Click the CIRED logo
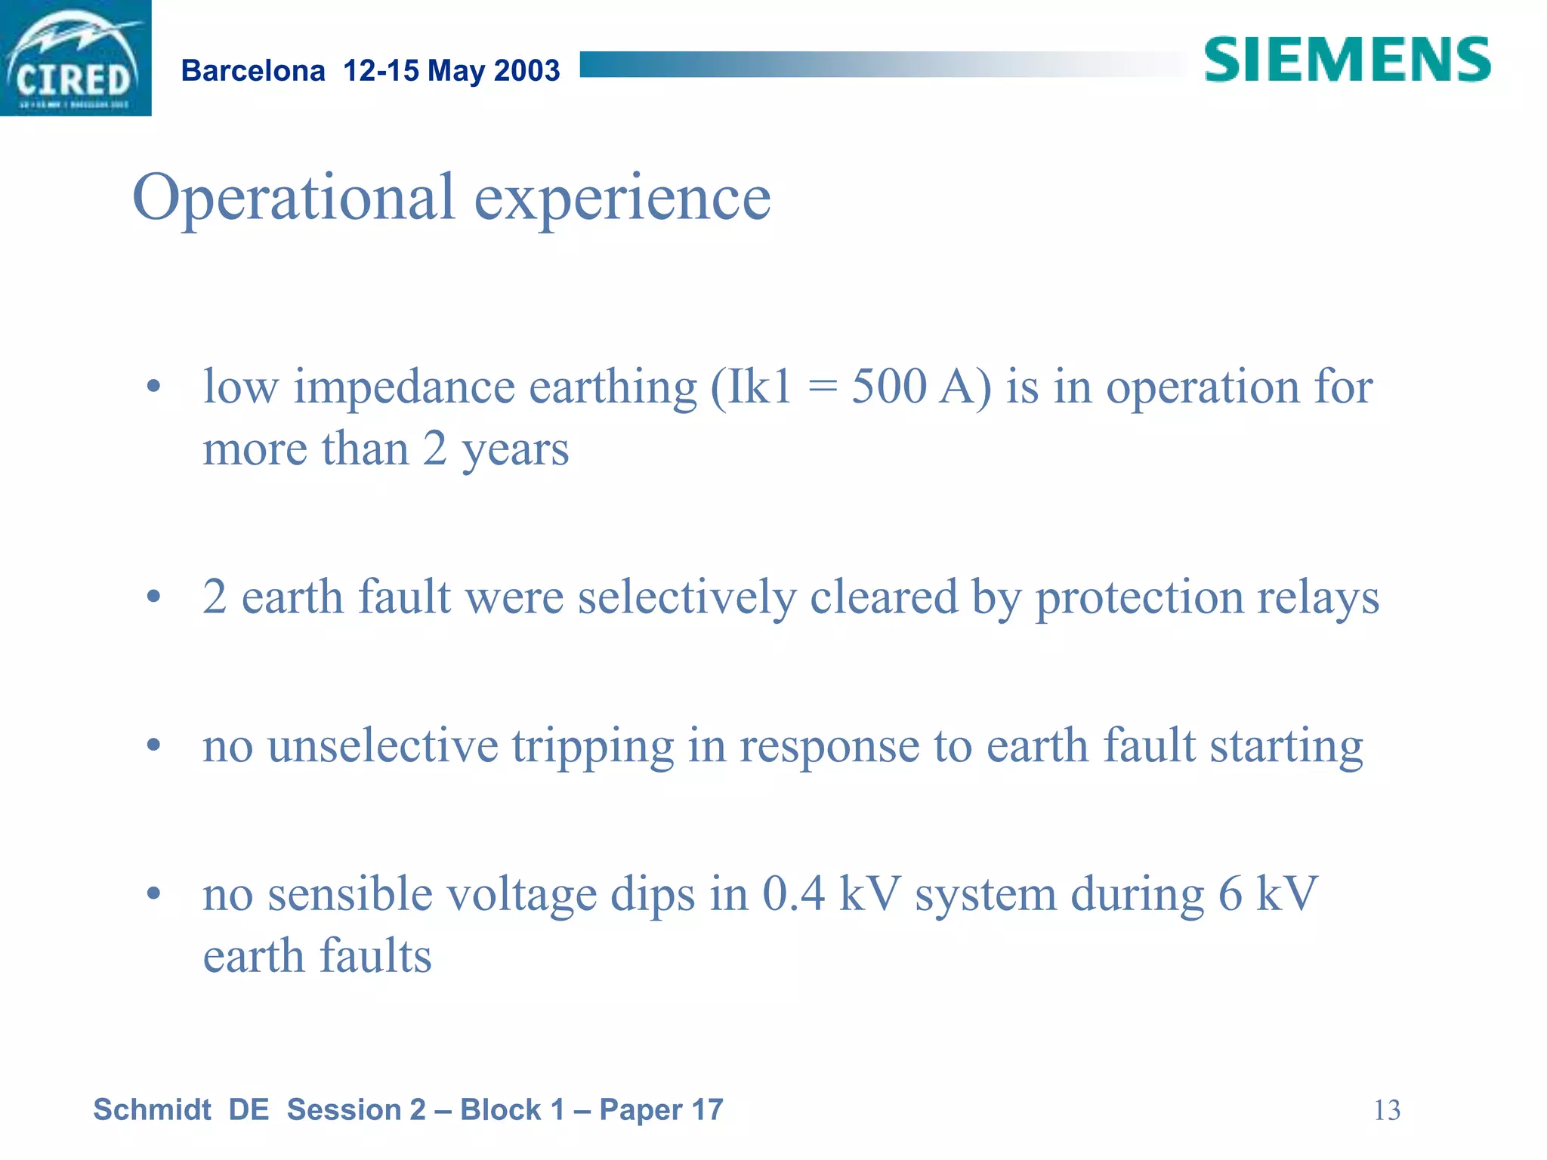point(75,58)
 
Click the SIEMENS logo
point(1347,60)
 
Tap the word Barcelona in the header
point(253,71)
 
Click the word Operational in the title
point(294,198)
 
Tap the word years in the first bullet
point(515,450)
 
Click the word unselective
point(383,746)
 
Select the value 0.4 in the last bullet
point(793,894)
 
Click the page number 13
point(1386,1110)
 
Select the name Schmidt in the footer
point(152,1110)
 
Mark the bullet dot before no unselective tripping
point(154,746)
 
